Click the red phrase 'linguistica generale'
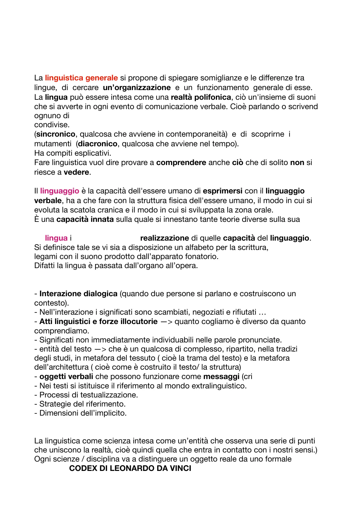(81, 78)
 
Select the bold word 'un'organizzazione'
(137, 88)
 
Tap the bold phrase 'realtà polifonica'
(201, 97)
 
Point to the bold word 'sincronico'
(56, 134)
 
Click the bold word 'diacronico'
(98, 144)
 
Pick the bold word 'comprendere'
(181, 163)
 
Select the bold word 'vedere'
(76, 172)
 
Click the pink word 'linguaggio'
(60, 191)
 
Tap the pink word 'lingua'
(56, 238)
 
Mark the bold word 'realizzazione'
(164, 238)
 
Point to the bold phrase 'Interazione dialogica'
(78, 294)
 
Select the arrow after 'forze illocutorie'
(166, 322)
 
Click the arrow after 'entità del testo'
(100, 349)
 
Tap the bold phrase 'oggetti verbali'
(66, 377)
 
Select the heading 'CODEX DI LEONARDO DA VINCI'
(130, 468)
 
